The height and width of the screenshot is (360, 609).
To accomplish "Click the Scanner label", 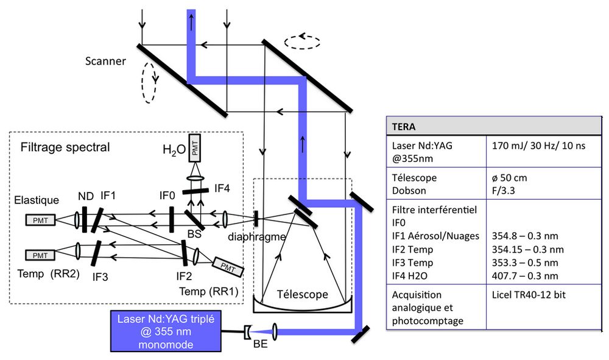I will pos(105,61).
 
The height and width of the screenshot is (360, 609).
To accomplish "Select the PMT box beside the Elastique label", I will pos(41,219).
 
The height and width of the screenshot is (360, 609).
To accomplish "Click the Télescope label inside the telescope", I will pos(302,294).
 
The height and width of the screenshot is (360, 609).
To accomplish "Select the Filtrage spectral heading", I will pos(65,147).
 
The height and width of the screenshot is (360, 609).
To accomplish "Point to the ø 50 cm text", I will pos(510,178).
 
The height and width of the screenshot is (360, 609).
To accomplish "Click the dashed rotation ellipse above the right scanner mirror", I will pos(301,41).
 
